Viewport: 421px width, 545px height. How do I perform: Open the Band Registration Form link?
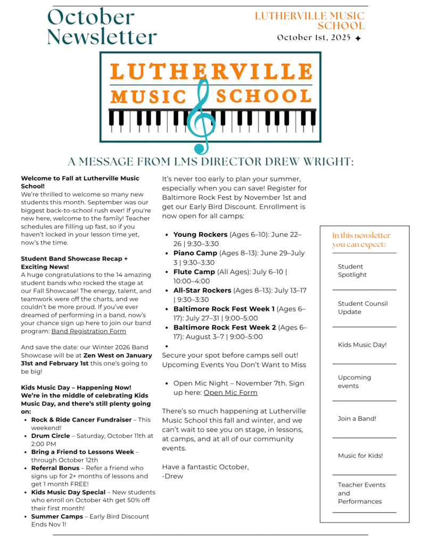[88, 331]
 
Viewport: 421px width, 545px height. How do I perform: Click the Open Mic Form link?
[230, 392]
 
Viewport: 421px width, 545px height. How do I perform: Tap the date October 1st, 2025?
[314, 37]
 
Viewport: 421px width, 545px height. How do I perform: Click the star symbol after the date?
[358, 38]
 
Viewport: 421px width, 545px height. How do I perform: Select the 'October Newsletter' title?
[101, 27]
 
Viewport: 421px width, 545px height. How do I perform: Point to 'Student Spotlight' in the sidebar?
[352, 270]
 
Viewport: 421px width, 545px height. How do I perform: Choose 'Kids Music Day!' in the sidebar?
[362, 345]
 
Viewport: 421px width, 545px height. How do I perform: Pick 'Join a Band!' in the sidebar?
[357, 418]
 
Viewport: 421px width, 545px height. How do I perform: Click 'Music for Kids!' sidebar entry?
[360, 456]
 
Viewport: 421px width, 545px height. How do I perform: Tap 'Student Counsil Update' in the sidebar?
[362, 308]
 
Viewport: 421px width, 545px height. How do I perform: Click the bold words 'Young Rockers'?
[200, 234]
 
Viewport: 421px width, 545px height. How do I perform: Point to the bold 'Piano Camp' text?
[195, 253]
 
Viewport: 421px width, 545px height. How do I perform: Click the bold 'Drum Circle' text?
[50, 435]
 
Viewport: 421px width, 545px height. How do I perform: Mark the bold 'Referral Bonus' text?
[55, 468]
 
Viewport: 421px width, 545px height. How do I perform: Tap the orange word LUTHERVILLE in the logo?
[211, 72]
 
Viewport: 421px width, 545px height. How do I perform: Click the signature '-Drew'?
[172, 476]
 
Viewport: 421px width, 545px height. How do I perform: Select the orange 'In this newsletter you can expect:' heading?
[361, 240]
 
